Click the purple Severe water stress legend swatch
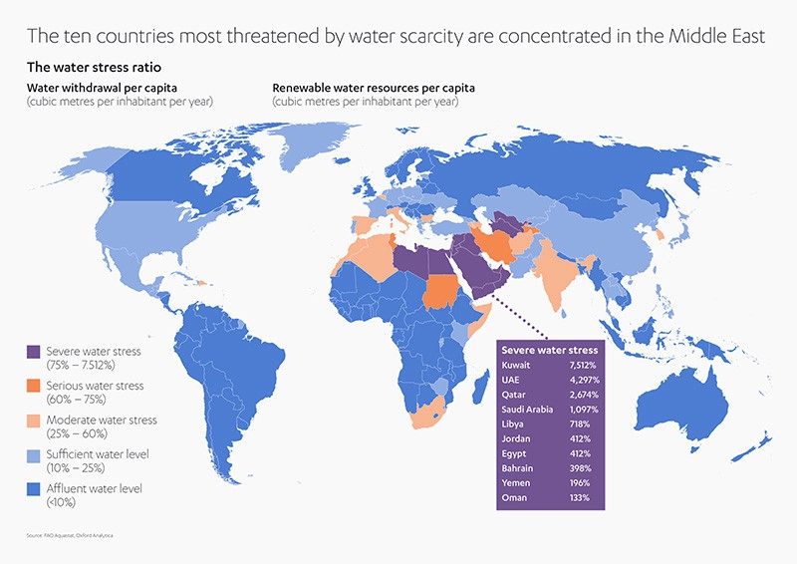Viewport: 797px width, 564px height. tap(33, 351)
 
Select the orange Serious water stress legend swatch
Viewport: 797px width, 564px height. tap(33, 386)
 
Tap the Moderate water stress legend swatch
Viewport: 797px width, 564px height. tap(33, 420)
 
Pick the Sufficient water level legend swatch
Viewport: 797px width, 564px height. tap(33, 454)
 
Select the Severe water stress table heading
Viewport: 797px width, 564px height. tap(549, 350)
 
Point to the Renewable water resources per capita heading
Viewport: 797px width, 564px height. tap(374, 88)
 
